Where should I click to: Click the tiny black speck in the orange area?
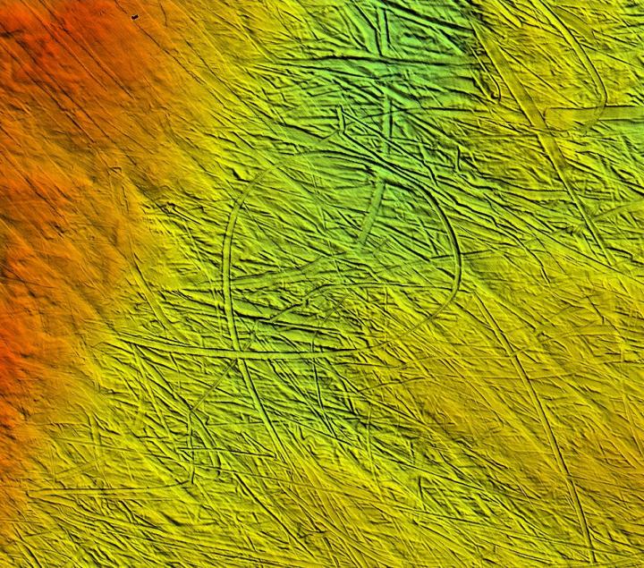point(134,17)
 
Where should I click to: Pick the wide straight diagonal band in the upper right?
point(537,134)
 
